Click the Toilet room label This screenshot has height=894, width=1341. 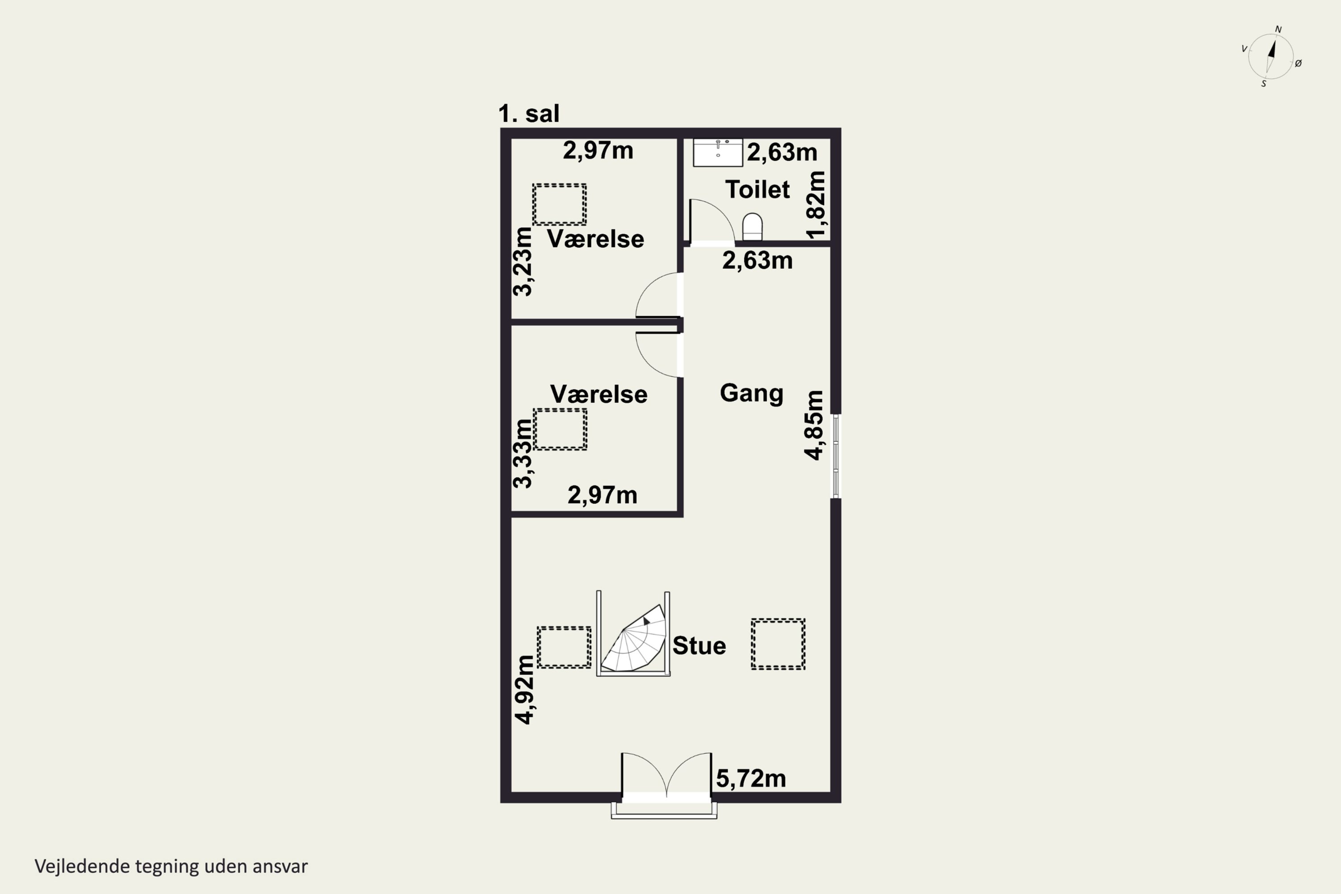pyautogui.click(x=757, y=189)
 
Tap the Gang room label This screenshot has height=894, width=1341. pyautogui.click(x=751, y=393)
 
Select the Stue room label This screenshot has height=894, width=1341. pyautogui.click(x=699, y=645)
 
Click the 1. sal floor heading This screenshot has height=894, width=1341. pyautogui.click(x=528, y=114)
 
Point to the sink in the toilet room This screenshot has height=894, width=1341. pyautogui.click(x=718, y=152)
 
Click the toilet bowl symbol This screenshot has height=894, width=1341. pyautogui.click(x=753, y=227)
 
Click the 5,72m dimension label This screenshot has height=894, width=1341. pyautogui.click(x=751, y=778)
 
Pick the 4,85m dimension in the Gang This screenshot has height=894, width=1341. pyautogui.click(x=814, y=425)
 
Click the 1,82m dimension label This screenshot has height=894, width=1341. pyautogui.click(x=815, y=205)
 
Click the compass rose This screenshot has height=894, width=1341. pyautogui.click(x=1271, y=56)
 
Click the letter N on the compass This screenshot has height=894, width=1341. pyautogui.click(x=1278, y=30)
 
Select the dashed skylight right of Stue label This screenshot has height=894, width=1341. pyautogui.click(x=778, y=644)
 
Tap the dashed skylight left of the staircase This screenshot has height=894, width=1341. pyautogui.click(x=564, y=647)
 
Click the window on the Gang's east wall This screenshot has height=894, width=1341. pyautogui.click(x=836, y=456)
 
